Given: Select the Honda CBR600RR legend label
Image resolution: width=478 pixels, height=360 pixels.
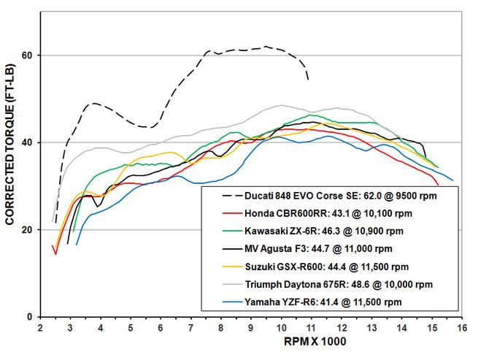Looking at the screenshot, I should [324, 213].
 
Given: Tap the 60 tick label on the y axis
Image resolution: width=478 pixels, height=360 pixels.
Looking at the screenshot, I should [26, 55].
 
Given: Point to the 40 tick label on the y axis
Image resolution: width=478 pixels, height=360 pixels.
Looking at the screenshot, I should [26, 142].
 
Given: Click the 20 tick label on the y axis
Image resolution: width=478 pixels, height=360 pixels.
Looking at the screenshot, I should [26, 230].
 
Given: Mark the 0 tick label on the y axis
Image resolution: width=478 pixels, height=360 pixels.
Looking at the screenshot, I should [29, 317].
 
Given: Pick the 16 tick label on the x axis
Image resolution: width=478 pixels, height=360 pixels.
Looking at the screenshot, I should [461, 328].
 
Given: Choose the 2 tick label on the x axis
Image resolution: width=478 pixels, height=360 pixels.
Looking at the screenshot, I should [40, 328].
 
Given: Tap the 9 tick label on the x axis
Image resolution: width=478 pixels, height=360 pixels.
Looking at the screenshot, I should [251, 328].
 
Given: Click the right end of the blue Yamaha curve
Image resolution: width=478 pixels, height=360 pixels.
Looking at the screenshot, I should [452, 180].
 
